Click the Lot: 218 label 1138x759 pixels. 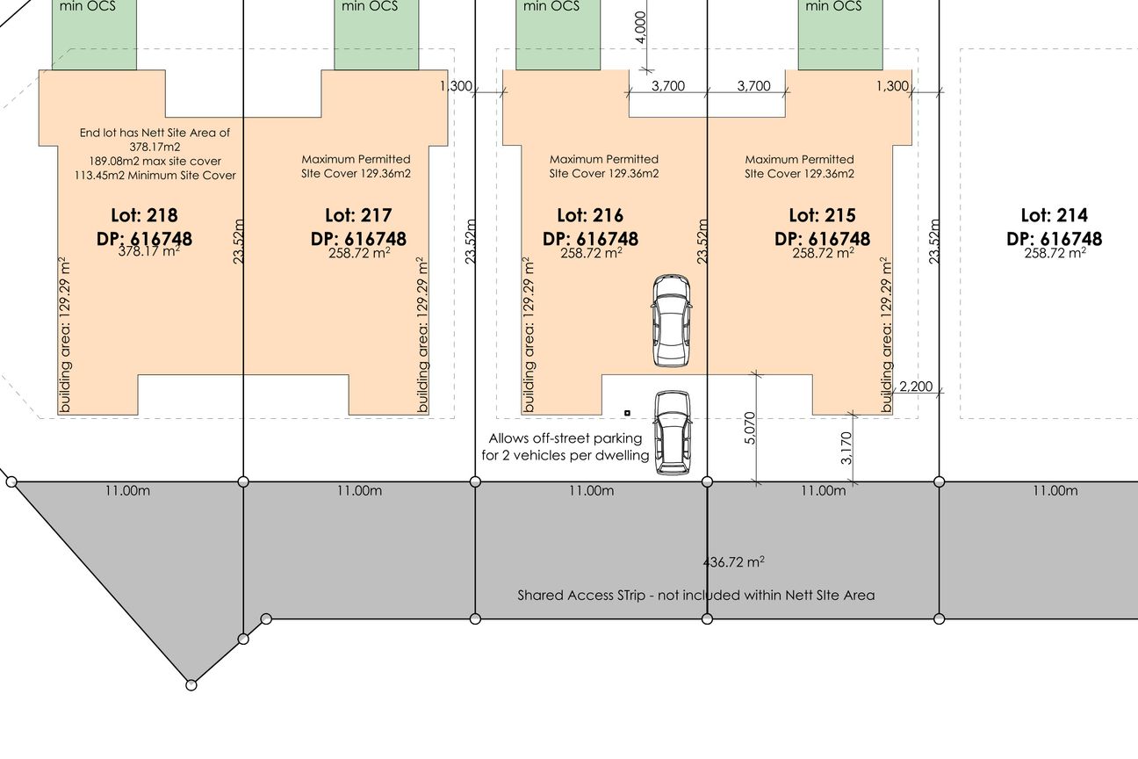pos(144,215)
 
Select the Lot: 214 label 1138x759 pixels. pos(1055,215)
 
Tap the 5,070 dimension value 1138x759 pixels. pos(750,428)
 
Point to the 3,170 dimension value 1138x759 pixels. pos(846,448)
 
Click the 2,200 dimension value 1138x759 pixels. pos(916,387)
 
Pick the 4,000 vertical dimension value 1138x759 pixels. pos(641,27)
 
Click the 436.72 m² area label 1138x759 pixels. pos(733,561)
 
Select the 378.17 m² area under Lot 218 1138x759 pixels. pos(149,251)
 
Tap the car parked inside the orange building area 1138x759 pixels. pos(671,321)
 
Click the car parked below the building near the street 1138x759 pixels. pos(673,432)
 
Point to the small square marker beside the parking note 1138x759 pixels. pos(627,413)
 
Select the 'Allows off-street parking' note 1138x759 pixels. pos(565,438)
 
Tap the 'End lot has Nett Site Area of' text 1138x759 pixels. pos(155,133)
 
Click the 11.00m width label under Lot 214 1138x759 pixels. pos(1055,490)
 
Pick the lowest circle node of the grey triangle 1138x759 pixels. pos(191,685)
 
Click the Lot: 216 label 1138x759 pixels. pos(590,215)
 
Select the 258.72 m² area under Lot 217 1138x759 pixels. pos(359,253)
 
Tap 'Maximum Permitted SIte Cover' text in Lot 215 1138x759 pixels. pos(799,166)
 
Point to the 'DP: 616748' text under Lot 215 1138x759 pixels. pos(822,239)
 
